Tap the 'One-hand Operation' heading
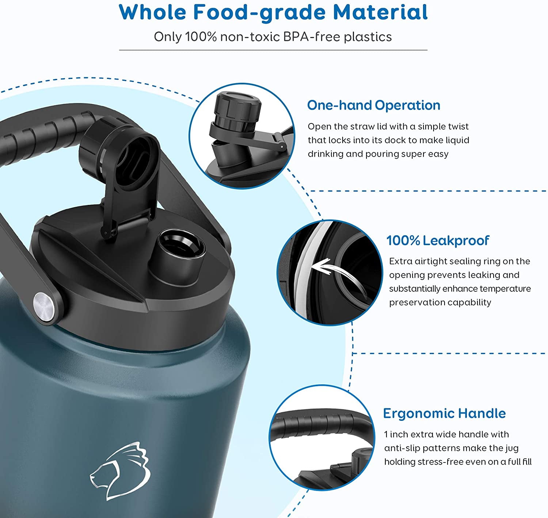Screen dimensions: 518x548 pyautogui.click(x=373, y=105)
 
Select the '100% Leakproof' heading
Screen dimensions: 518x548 pyautogui.click(x=438, y=240)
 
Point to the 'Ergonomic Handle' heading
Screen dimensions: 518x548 pyautogui.click(x=444, y=413)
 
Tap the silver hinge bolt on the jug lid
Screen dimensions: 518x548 pyautogui.click(x=43, y=303)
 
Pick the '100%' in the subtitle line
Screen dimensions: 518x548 pyautogui.click(x=201, y=37)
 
